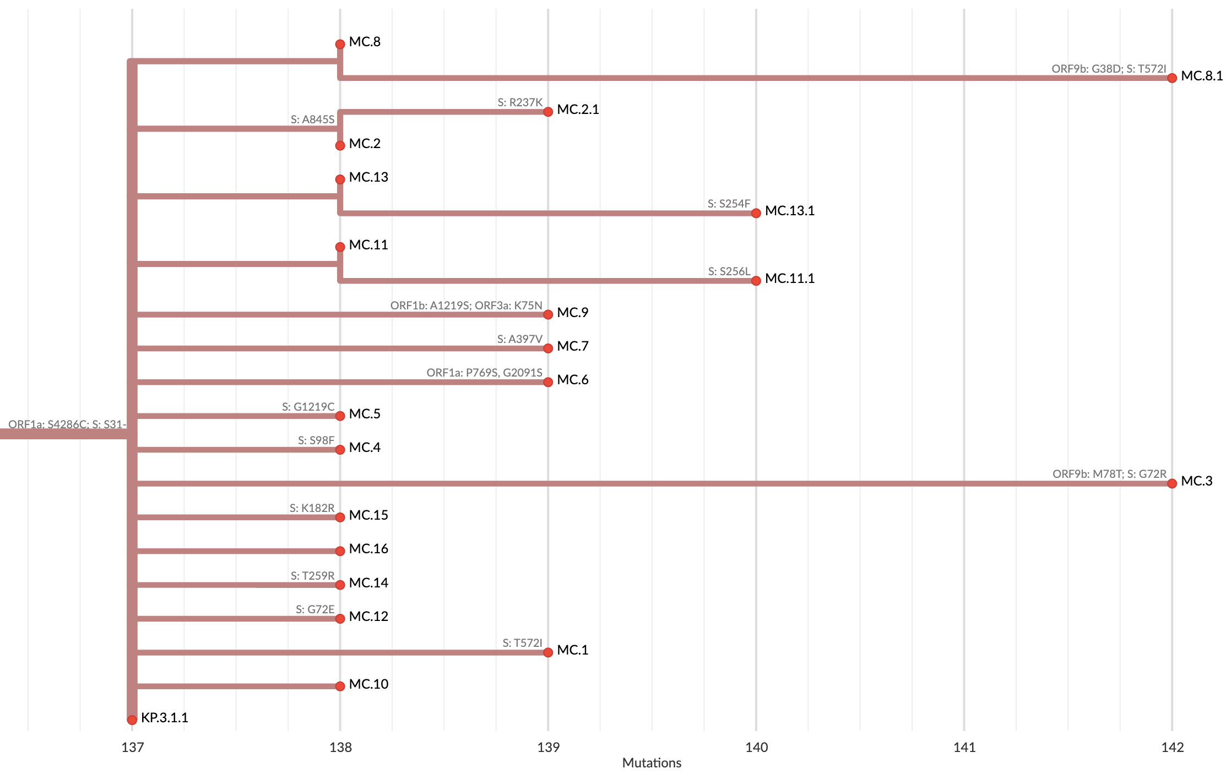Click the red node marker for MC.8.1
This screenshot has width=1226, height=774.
pyautogui.click(x=1172, y=78)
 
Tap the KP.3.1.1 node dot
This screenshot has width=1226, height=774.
pyautogui.click(x=132, y=720)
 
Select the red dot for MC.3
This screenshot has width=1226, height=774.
pyautogui.click(x=1172, y=483)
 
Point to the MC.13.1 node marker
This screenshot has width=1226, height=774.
pyautogui.click(x=756, y=213)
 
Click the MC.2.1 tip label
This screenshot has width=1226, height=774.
pyautogui.click(x=578, y=110)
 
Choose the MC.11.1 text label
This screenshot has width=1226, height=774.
pyautogui.click(x=789, y=279)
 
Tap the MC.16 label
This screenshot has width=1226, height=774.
pyautogui.click(x=368, y=549)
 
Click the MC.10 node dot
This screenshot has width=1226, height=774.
pyautogui.click(x=340, y=686)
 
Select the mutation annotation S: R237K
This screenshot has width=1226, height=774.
pyautogui.click(x=520, y=102)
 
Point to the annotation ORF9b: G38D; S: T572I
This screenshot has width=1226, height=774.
pyautogui.click(x=1109, y=69)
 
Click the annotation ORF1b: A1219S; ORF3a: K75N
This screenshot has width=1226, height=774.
pyautogui.click(x=466, y=306)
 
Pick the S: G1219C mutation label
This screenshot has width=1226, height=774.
pyautogui.click(x=308, y=407)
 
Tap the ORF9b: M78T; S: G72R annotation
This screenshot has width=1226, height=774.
pyautogui.click(x=1109, y=474)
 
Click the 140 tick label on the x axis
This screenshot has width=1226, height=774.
pyautogui.click(x=756, y=747)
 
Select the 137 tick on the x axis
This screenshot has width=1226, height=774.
pyautogui.click(x=132, y=747)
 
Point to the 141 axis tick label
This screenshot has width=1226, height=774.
pyautogui.click(x=964, y=747)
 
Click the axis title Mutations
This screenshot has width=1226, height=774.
pyautogui.click(x=652, y=763)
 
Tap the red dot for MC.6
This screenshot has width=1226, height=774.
pyautogui.click(x=548, y=382)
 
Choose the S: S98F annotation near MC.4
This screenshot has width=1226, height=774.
pyautogui.click(x=316, y=440)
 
